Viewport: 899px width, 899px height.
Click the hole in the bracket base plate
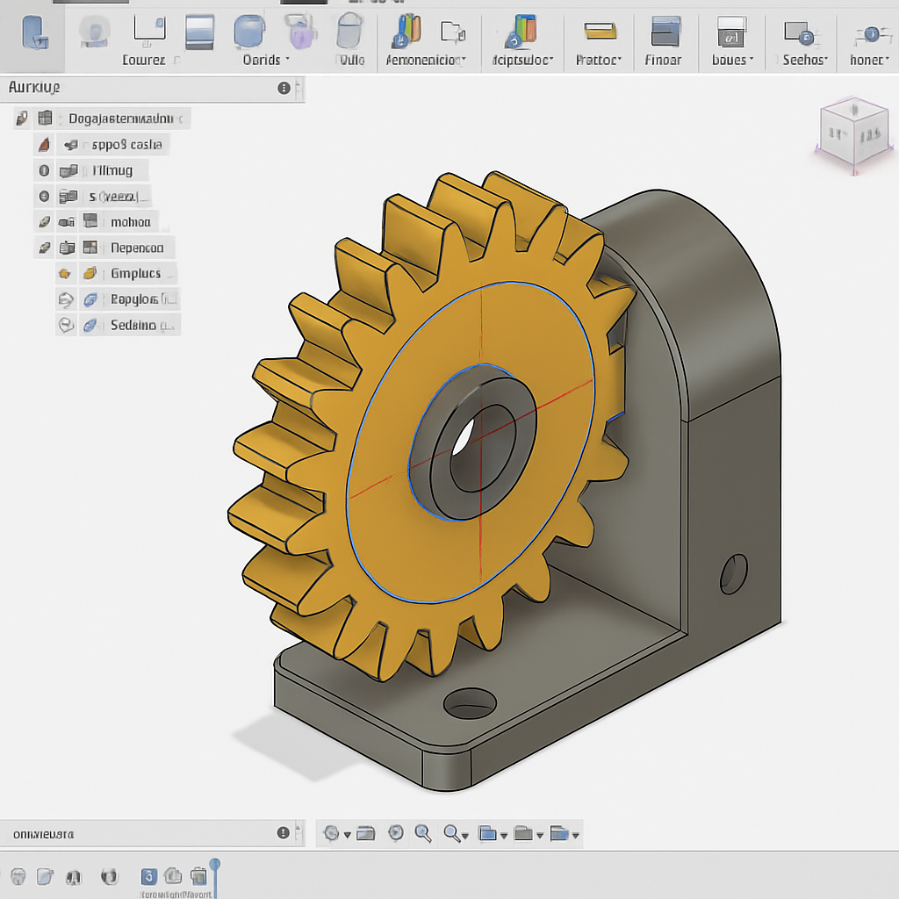coord(470,701)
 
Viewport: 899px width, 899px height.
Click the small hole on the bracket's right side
coord(733,573)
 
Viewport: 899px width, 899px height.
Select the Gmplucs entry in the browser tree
coord(136,274)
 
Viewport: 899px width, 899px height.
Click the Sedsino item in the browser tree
coord(133,326)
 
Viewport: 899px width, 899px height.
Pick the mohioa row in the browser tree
coord(131,222)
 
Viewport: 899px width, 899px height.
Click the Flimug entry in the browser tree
coord(112,170)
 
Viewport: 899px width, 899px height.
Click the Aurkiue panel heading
coord(34,88)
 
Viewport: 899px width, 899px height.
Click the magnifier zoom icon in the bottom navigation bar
coord(422,833)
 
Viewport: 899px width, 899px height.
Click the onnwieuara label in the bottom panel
coord(43,833)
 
